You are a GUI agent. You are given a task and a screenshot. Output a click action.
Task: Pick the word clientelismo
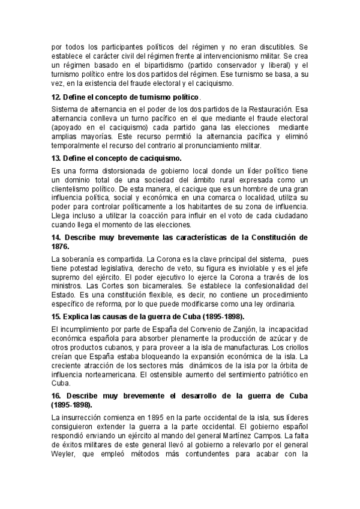[75, 187]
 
